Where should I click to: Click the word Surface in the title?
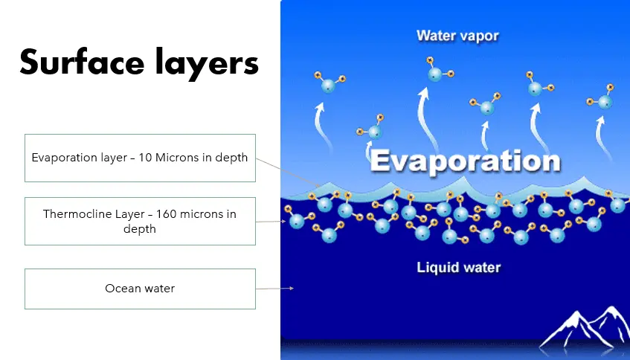coord(82,62)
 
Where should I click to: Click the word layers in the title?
coord(207,63)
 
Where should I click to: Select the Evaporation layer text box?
coord(141,158)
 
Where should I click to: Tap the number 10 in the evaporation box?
coord(145,158)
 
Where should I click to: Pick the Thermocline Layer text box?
coord(141,221)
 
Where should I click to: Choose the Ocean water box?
coord(141,289)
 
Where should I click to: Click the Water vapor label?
coord(457,36)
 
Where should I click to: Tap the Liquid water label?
coord(458,267)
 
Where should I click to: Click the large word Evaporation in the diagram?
coord(466,161)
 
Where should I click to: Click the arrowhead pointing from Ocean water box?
coord(292,288)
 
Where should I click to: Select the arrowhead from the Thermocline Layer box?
coord(283,222)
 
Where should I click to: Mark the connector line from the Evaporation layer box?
coord(288,173)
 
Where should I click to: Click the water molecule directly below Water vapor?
coord(438,70)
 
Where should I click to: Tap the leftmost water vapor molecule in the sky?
coord(329,83)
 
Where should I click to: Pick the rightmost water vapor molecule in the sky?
coord(601,98)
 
